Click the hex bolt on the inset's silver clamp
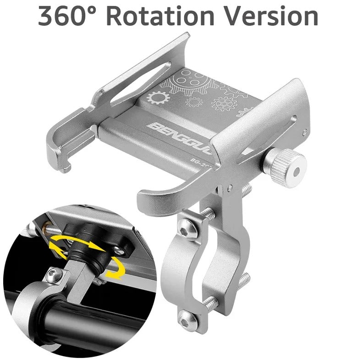(x=53, y=275)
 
